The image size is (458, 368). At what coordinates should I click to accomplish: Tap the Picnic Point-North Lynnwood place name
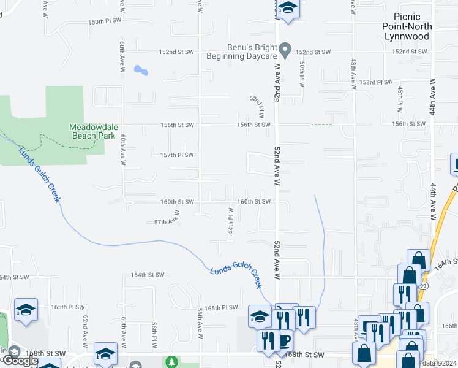[407, 26]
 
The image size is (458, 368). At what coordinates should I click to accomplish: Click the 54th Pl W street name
[231, 219]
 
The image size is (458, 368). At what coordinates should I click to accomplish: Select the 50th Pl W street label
[302, 74]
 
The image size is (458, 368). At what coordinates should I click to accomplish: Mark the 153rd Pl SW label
[376, 82]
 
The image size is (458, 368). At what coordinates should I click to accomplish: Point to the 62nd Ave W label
[85, 330]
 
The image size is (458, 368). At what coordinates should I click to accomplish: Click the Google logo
[20, 361]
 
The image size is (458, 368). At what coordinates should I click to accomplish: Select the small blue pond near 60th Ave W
[141, 70]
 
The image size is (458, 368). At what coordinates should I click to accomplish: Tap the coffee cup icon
[285, 340]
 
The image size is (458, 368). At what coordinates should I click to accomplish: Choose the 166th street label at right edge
[449, 326]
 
